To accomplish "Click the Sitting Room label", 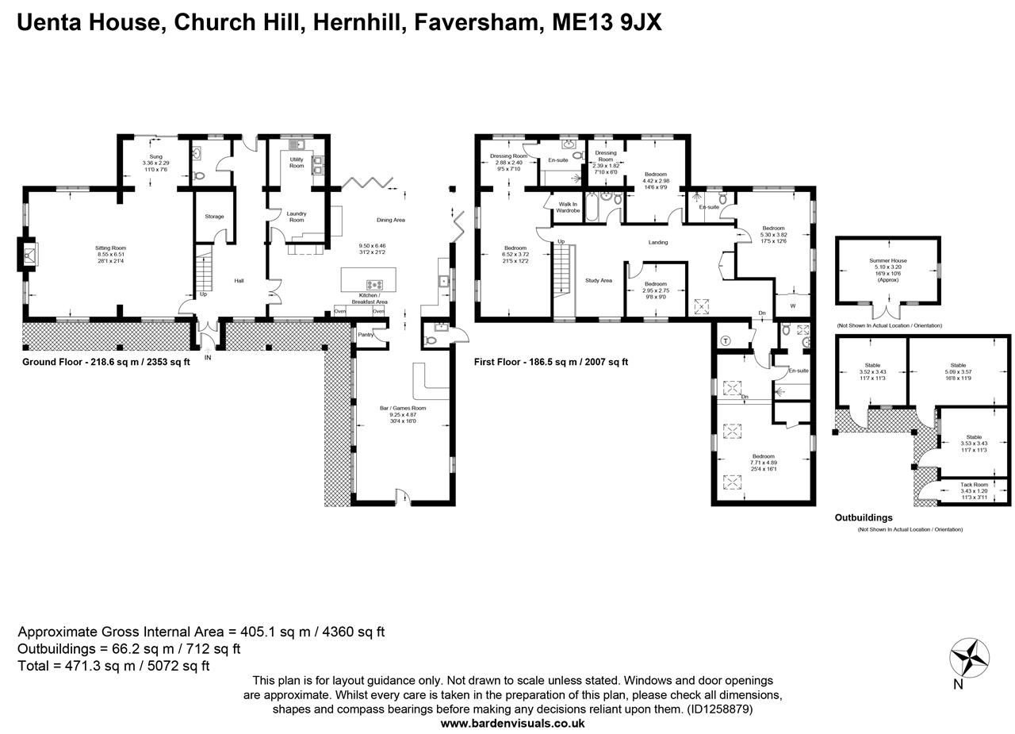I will pyautogui.click(x=111, y=248).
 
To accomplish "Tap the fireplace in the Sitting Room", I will pyautogui.click(x=29, y=256).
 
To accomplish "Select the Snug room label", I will pyautogui.click(x=155, y=157).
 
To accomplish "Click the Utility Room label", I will pyautogui.click(x=297, y=163).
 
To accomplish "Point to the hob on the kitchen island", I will pyautogui.click(x=373, y=284).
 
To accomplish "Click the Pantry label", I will pyautogui.click(x=366, y=335).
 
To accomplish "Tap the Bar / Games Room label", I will pyautogui.click(x=403, y=409).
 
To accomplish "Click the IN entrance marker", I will pyautogui.click(x=208, y=358).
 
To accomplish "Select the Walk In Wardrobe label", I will pyautogui.click(x=568, y=207).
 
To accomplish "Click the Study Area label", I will pyautogui.click(x=599, y=280).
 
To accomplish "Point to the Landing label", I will pyautogui.click(x=657, y=242).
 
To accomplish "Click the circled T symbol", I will pyautogui.click(x=726, y=341).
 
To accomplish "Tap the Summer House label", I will pyautogui.click(x=887, y=261).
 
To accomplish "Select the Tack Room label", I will pyautogui.click(x=974, y=485).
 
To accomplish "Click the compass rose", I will pyautogui.click(x=969, y=658).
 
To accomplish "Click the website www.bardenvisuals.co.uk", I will pyautogui.click(x=512, y=723).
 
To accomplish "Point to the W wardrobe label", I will pyautogui.click(x=792, y=306).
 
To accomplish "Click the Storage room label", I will pyautogui.click(x=214, y=217).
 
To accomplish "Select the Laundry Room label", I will pyautogui.click(x=297, y=217).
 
